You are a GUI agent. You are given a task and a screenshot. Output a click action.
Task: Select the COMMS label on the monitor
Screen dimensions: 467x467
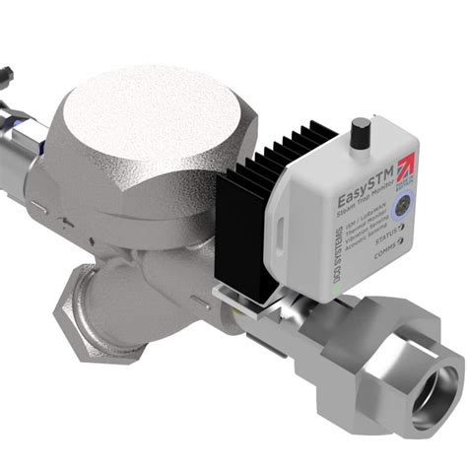[387, 253]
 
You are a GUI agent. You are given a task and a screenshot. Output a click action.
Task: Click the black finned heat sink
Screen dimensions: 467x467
[247, 227]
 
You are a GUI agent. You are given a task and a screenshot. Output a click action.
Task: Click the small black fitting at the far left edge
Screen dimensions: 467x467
[5, 75]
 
